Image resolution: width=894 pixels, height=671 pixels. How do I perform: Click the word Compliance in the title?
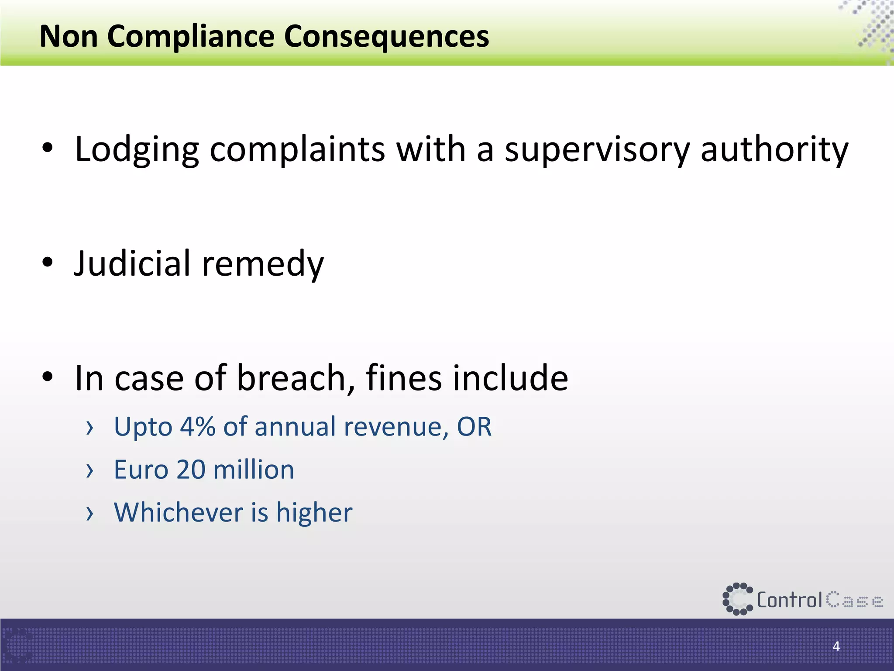191,37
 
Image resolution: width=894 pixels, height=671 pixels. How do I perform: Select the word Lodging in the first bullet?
137,150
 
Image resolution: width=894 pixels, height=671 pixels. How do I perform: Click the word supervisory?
597,150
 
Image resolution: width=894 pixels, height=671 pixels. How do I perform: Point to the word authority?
774,150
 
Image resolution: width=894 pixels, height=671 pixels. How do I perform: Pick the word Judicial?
133,264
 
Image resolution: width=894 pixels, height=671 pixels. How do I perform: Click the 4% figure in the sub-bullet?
198,426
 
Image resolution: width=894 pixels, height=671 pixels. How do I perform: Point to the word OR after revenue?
474,426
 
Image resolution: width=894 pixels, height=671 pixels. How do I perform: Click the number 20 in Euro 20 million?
191,470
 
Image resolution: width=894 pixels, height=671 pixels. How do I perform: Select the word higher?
314,512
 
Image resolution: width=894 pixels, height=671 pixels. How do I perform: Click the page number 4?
836,646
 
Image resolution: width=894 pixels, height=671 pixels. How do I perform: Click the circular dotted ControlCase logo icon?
738,599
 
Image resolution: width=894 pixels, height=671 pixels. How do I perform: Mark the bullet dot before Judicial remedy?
48,262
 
